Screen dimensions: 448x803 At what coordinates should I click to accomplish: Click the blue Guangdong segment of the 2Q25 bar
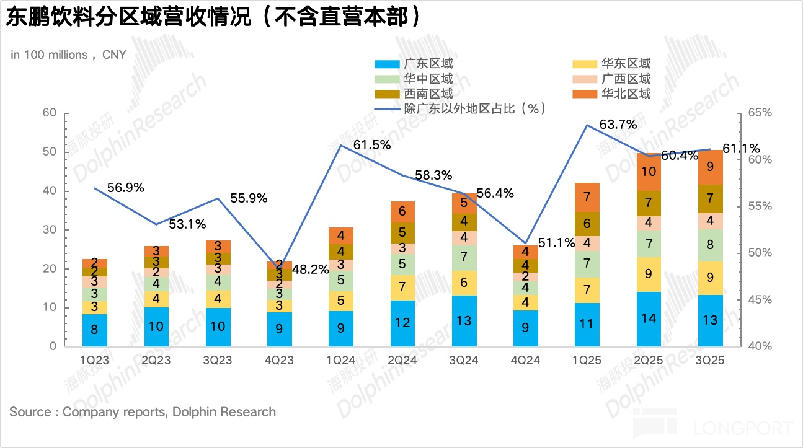[649, 319]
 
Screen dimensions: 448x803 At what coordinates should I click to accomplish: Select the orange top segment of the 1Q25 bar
[587, 197]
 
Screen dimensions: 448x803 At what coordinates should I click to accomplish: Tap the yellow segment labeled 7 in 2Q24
[402, 288]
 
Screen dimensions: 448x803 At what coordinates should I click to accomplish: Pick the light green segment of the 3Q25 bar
[710, 245]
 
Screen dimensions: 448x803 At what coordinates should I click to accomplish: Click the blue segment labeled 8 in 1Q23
[94, 330]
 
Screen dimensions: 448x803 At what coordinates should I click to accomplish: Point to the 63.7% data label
[618, 125]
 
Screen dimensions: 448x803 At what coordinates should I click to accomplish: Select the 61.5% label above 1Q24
[372, 145]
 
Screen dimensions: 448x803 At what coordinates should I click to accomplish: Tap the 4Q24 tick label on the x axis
[526, 360]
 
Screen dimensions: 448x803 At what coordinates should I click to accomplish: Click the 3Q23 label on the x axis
[218, 360]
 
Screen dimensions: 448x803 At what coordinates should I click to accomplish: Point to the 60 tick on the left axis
[49, 113]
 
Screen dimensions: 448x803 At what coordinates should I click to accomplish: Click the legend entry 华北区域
[626, 94]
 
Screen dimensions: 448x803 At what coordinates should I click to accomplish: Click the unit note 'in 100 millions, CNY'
[68, 55]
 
